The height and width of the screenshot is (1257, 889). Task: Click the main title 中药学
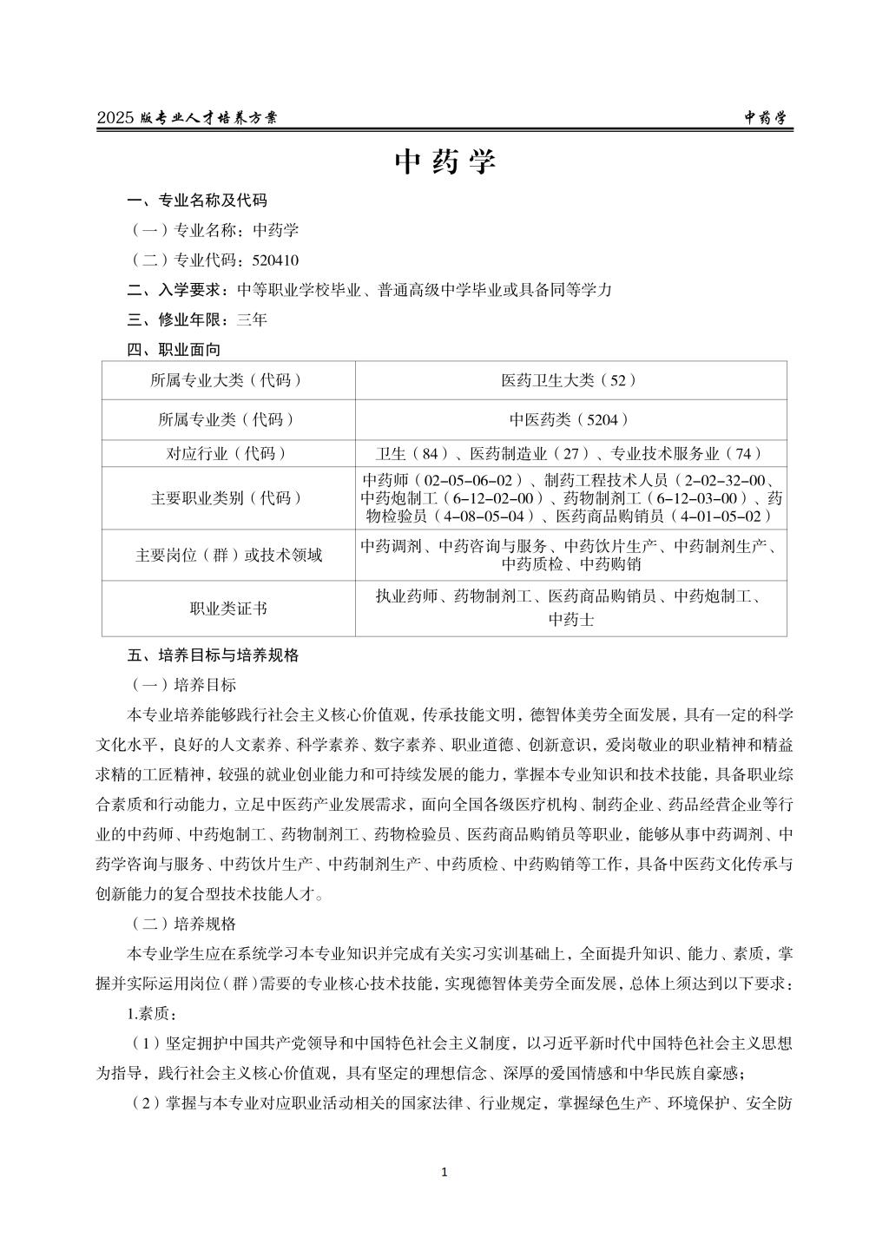(x=444, y=162)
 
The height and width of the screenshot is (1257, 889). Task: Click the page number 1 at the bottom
(x=444, y=1173)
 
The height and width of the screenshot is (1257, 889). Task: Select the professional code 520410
(x=275, y=260)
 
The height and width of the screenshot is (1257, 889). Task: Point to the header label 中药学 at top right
(x=768, y=118)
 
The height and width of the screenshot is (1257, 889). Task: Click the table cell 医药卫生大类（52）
(x=570, y=380)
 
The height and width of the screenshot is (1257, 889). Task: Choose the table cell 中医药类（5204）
(x=570, y=420)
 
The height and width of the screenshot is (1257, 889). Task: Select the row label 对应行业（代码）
(x=227, y=454)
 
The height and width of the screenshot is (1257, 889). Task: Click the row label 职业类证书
(x=228, y=609)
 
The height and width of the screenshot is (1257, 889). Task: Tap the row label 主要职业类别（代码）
(x=227, y=498)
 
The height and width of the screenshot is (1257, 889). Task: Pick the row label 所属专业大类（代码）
(x=227, y=380)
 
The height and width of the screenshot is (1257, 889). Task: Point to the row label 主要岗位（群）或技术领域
(x=228, y=555)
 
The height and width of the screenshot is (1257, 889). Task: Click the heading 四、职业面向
(x=174, y=350)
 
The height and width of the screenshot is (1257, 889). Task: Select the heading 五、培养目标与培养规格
(x=213, y=655)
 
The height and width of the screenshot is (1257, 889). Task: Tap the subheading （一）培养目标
(x=181, y=685)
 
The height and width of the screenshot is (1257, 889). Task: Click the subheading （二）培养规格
(x=181, y=924)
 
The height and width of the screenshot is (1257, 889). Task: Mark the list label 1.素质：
(x=152, y=1014)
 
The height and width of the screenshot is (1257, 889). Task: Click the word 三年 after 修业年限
(x=252, y=319)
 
